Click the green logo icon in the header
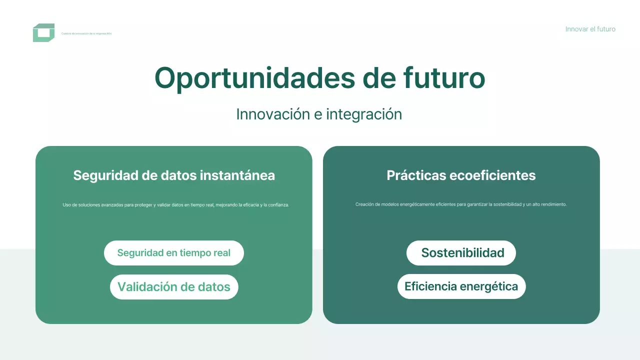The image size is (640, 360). point(43,33)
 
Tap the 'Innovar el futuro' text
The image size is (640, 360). point(590,29)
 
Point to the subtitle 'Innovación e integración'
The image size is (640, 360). point(319,114)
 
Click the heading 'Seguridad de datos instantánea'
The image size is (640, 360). point(174,175)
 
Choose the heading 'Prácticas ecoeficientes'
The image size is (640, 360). point(461,175)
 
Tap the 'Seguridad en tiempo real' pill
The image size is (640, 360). point(174,253)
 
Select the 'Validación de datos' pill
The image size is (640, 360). point(174,287)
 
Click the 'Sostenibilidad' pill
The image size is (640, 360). point(461,253)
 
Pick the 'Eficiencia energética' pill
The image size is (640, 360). point(461,286)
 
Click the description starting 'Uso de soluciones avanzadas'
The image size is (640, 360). point(176,204)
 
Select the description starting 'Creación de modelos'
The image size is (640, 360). point(461,204)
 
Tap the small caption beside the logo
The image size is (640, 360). point(86,33)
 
